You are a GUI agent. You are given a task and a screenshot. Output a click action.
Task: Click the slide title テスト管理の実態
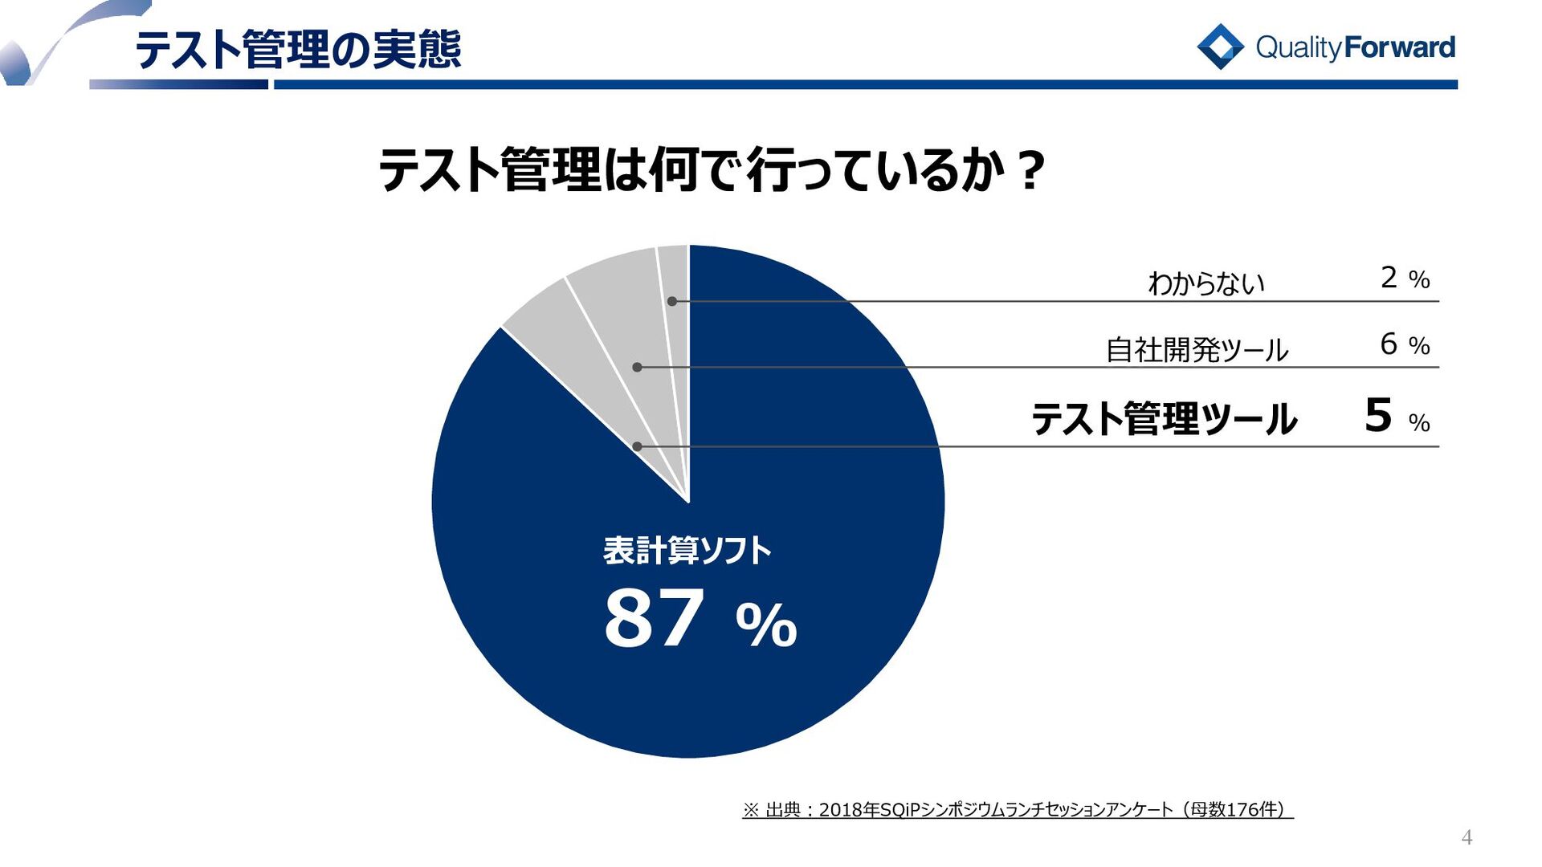(298, 50)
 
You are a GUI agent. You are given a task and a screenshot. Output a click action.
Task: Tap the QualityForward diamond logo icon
(1220, 47)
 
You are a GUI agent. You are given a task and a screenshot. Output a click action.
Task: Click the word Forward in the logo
(1399, 47)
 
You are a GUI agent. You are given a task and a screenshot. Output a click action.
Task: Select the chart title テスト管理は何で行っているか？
(712, 170)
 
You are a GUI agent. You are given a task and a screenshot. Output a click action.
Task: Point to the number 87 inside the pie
(654, 619)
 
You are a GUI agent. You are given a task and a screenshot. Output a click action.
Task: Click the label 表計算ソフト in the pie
(687, 551)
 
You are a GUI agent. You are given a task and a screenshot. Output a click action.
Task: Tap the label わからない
(1206, 283)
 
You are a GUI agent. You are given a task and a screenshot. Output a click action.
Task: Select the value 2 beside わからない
(1389, 278)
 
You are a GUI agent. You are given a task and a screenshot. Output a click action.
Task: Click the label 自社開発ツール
(1197, 349)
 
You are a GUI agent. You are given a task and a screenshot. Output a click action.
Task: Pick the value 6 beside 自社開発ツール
(1389, 344)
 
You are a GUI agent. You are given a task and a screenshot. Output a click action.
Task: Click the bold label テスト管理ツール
(1164, 419)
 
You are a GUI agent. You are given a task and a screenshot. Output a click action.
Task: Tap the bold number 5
(1378, 416)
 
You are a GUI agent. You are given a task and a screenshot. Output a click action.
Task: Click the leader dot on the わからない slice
(672, 301)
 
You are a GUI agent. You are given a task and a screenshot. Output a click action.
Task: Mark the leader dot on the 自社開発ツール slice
(637, 367)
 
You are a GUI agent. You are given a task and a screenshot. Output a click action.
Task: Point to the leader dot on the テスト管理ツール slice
(637, 446)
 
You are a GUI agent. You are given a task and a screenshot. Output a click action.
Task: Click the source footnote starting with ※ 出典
(1017, 809)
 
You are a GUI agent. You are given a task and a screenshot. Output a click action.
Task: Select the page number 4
(1467, 838)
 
